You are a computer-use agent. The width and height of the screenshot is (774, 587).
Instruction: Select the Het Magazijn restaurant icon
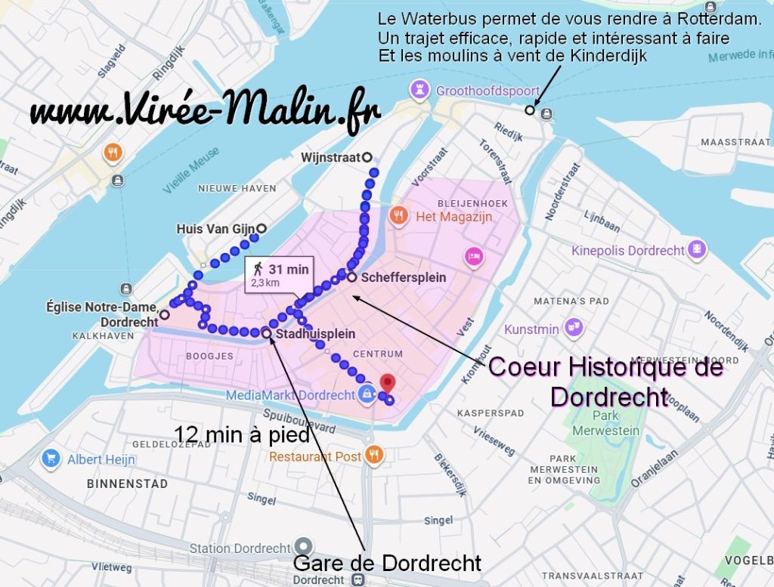point(398,217)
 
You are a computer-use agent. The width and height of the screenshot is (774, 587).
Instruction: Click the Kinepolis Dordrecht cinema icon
point(698,249)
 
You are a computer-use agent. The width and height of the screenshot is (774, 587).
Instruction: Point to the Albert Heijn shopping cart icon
point(51,459)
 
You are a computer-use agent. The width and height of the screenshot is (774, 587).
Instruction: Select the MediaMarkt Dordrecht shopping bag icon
point(367,394)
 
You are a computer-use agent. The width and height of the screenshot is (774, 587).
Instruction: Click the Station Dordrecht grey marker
point(304,545)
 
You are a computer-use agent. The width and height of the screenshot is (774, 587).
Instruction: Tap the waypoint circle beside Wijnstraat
point(367,157)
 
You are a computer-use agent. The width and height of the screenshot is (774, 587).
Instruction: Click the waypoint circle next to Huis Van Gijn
point(262,228)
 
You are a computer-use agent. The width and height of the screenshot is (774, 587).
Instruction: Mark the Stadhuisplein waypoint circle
point(267,332)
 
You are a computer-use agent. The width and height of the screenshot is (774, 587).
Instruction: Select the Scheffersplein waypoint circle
point(352,277)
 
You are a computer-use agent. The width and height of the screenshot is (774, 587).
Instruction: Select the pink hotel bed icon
point(474,255)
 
